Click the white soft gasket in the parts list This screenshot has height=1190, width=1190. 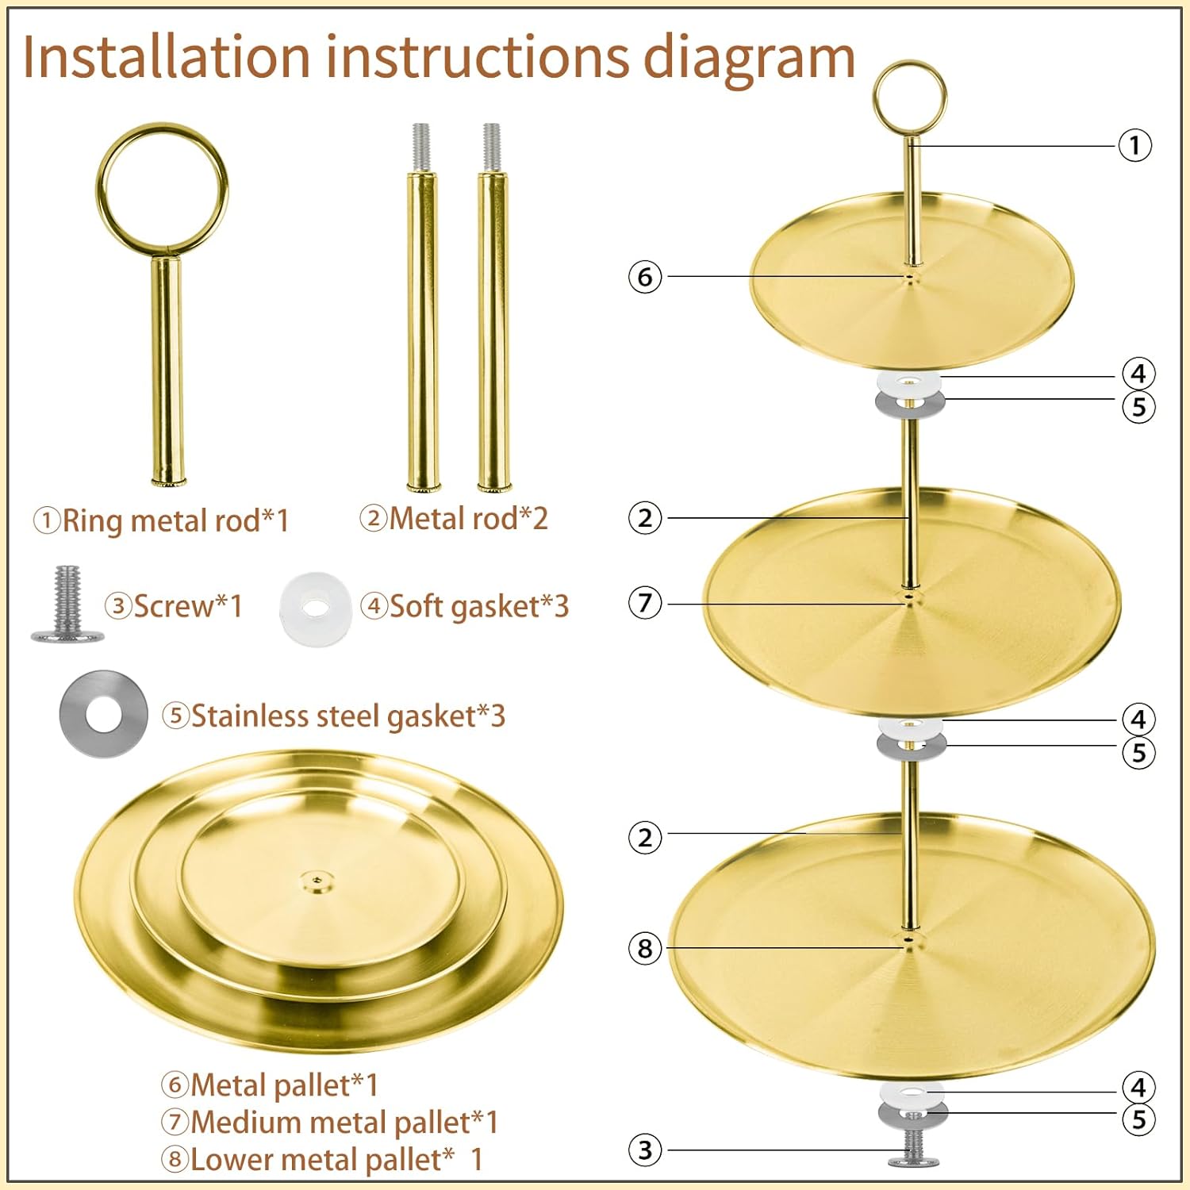click(315, 608)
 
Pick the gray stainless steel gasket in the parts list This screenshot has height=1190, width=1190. click(103, 714)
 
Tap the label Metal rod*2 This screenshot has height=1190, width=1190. click(454, 519)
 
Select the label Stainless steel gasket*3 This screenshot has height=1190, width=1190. click(334, 716)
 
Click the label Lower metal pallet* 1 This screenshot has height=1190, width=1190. click(322, 1159)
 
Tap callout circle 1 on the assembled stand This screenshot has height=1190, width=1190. click(1134, 145)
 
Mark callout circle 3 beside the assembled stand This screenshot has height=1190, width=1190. click(645, 1150)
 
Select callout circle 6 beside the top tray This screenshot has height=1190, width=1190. click(645, 277)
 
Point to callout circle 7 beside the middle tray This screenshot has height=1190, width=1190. click(645, 603)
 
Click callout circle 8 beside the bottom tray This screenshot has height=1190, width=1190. click(645, 948)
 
